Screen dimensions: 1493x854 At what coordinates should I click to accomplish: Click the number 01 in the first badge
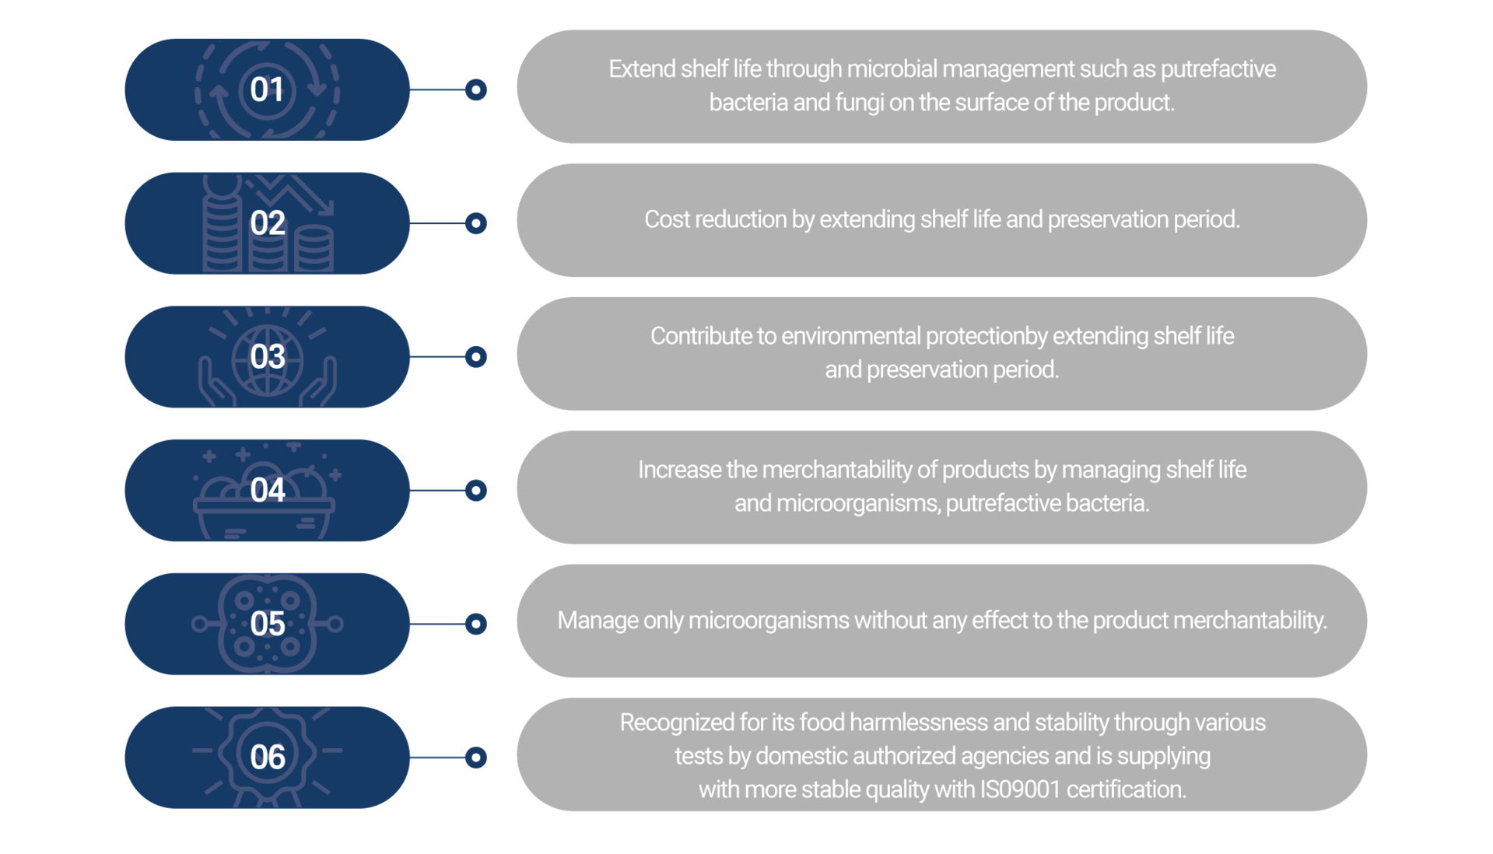(267, 89)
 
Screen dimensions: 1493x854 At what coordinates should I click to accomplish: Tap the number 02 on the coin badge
(267, 223)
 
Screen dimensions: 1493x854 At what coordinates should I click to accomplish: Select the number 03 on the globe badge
(267, 357)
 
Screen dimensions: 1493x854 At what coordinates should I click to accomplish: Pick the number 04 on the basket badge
(267, 490)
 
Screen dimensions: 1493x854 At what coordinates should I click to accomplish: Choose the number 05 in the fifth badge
(267, 624)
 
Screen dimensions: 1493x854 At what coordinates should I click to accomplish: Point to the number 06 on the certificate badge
(267, 758)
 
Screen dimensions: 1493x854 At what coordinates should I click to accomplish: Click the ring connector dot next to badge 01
(476, 89)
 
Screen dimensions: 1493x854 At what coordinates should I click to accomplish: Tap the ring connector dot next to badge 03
(476, 357)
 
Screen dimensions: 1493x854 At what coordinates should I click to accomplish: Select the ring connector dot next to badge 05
(476, 624)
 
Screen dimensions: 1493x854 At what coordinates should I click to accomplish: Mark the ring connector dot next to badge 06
(476, 758)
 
